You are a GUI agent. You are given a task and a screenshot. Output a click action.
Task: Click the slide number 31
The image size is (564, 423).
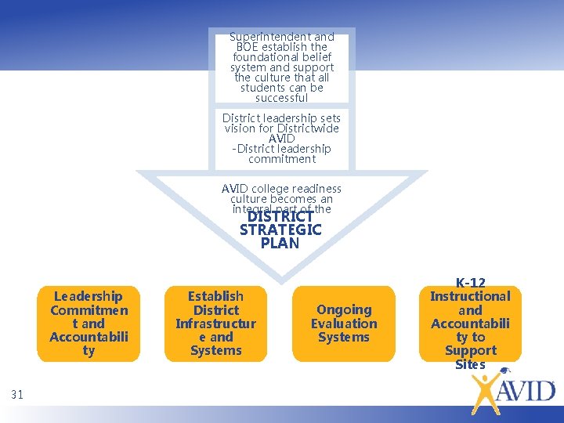[17, 395]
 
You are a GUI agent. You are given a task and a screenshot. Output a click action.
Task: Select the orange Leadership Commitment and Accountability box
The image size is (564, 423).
[89, 324]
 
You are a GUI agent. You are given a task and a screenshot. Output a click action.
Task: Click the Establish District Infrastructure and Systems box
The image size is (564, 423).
[215, 324]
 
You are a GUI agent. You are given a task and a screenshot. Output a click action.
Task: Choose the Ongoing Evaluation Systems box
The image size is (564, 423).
[344, 324]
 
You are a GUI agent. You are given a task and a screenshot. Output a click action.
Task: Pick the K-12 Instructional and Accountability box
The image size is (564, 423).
[470, 324]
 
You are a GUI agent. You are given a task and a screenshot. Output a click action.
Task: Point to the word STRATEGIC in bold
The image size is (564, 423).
[280, 230]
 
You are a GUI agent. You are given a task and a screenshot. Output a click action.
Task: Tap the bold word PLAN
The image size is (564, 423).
[280, 243]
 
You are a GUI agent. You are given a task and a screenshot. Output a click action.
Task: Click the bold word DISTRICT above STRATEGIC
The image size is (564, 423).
[280, 216]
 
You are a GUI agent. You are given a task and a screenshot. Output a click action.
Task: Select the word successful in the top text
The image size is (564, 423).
[282, 98]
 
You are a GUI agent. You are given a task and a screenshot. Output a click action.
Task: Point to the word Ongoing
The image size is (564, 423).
[344, 309]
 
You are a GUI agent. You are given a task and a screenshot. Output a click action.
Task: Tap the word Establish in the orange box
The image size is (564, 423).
[215, 296]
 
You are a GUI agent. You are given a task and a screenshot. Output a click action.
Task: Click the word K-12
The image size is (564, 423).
[470, 283]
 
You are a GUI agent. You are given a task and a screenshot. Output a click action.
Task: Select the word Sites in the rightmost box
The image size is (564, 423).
[470, 364]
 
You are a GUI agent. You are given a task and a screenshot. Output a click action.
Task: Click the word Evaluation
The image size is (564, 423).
[344, 324]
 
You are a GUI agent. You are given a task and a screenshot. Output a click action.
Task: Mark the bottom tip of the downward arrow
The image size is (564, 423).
[280, 280]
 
